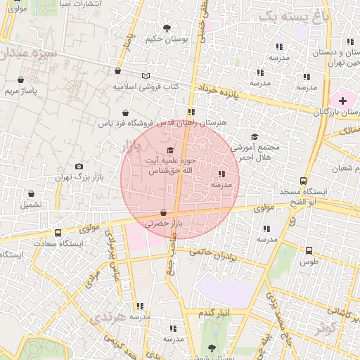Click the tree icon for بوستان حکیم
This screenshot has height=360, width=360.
tap(167, 28)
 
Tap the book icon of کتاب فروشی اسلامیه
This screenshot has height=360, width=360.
tap(146, 76)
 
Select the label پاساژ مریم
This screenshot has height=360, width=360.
tap(21, 91)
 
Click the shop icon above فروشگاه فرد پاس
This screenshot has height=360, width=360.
tap(125, 112)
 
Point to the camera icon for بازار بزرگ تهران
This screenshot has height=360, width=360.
tap(79, 166)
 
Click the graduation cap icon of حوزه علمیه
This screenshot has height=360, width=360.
tap(169, 150)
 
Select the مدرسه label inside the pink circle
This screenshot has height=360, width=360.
tap(221, 184)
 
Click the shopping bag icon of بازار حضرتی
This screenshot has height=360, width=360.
tap(164, 212)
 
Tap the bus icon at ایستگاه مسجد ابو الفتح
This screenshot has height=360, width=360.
tap(303, 181)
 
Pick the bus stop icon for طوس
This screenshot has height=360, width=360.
tap(309, 250)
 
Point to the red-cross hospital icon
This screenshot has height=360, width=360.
tap(342, 101)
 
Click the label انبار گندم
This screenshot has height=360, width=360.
tap(214, 312)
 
